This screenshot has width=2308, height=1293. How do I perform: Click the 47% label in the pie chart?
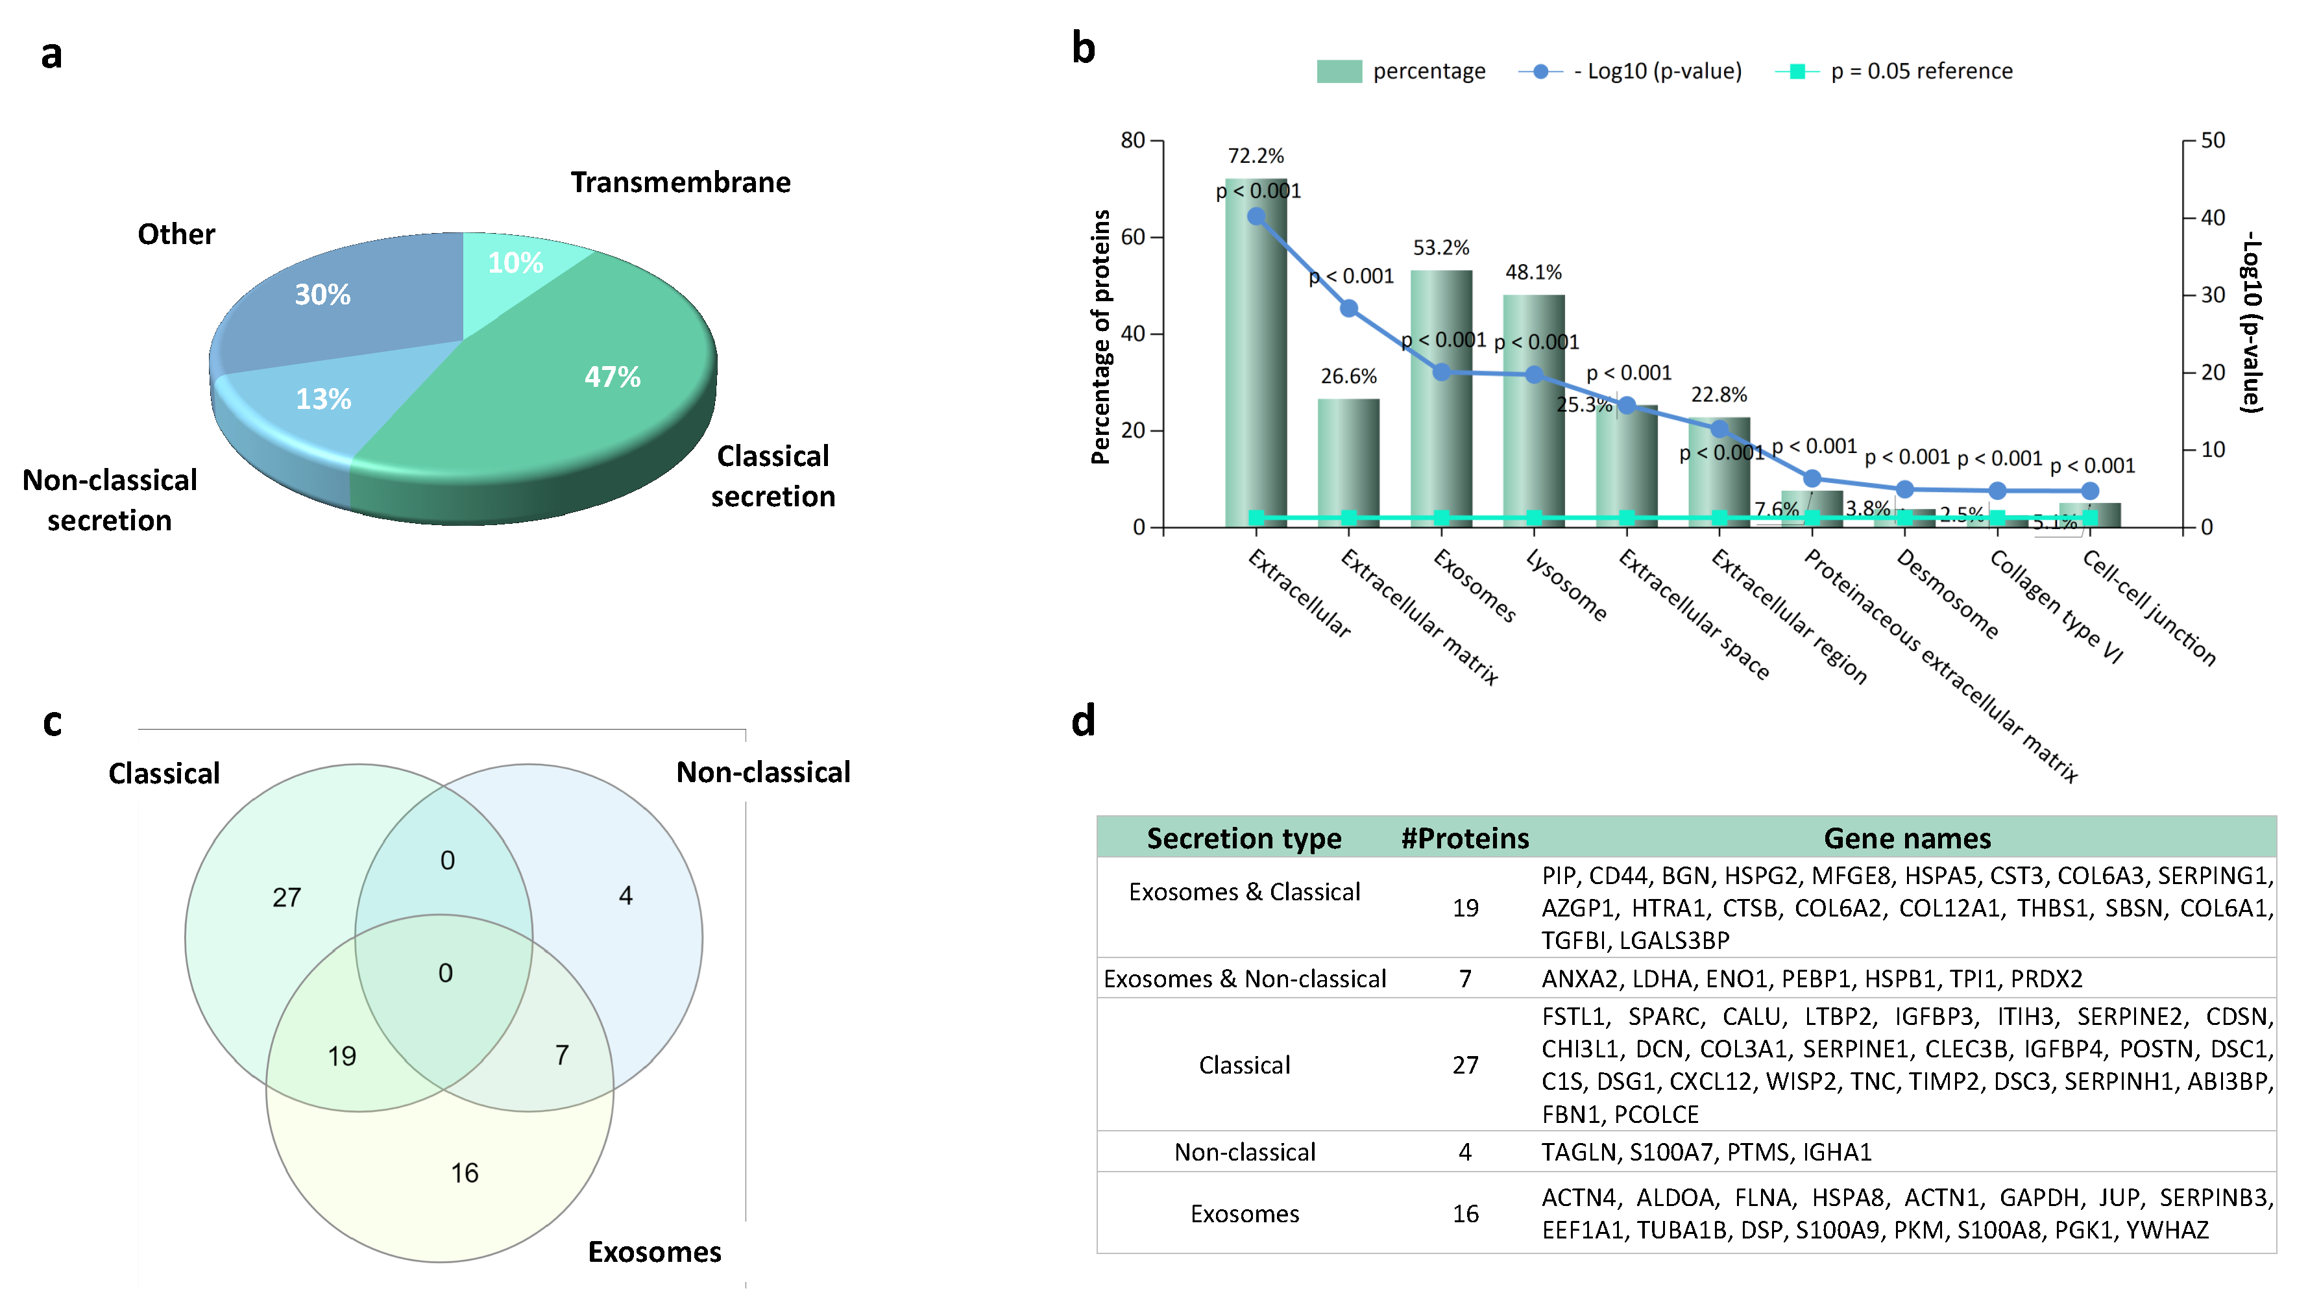pos(612,376)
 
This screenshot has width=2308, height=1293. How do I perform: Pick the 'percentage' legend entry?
pos(1400,71)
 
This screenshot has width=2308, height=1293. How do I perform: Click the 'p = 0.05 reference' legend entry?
pos(1895,71)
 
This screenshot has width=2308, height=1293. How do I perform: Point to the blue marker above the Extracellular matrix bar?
pos(1348,308)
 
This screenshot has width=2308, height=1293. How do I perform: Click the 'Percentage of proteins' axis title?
pos(1101,337)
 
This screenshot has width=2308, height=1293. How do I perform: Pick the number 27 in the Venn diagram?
pos(287,897)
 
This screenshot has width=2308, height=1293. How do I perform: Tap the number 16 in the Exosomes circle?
pos(464,1172)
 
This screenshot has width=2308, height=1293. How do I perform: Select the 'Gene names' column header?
pos(1906,838)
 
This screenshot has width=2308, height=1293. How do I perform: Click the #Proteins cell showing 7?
pos(1465,978)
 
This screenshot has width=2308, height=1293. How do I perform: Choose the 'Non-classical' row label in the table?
pos(1245,1151)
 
